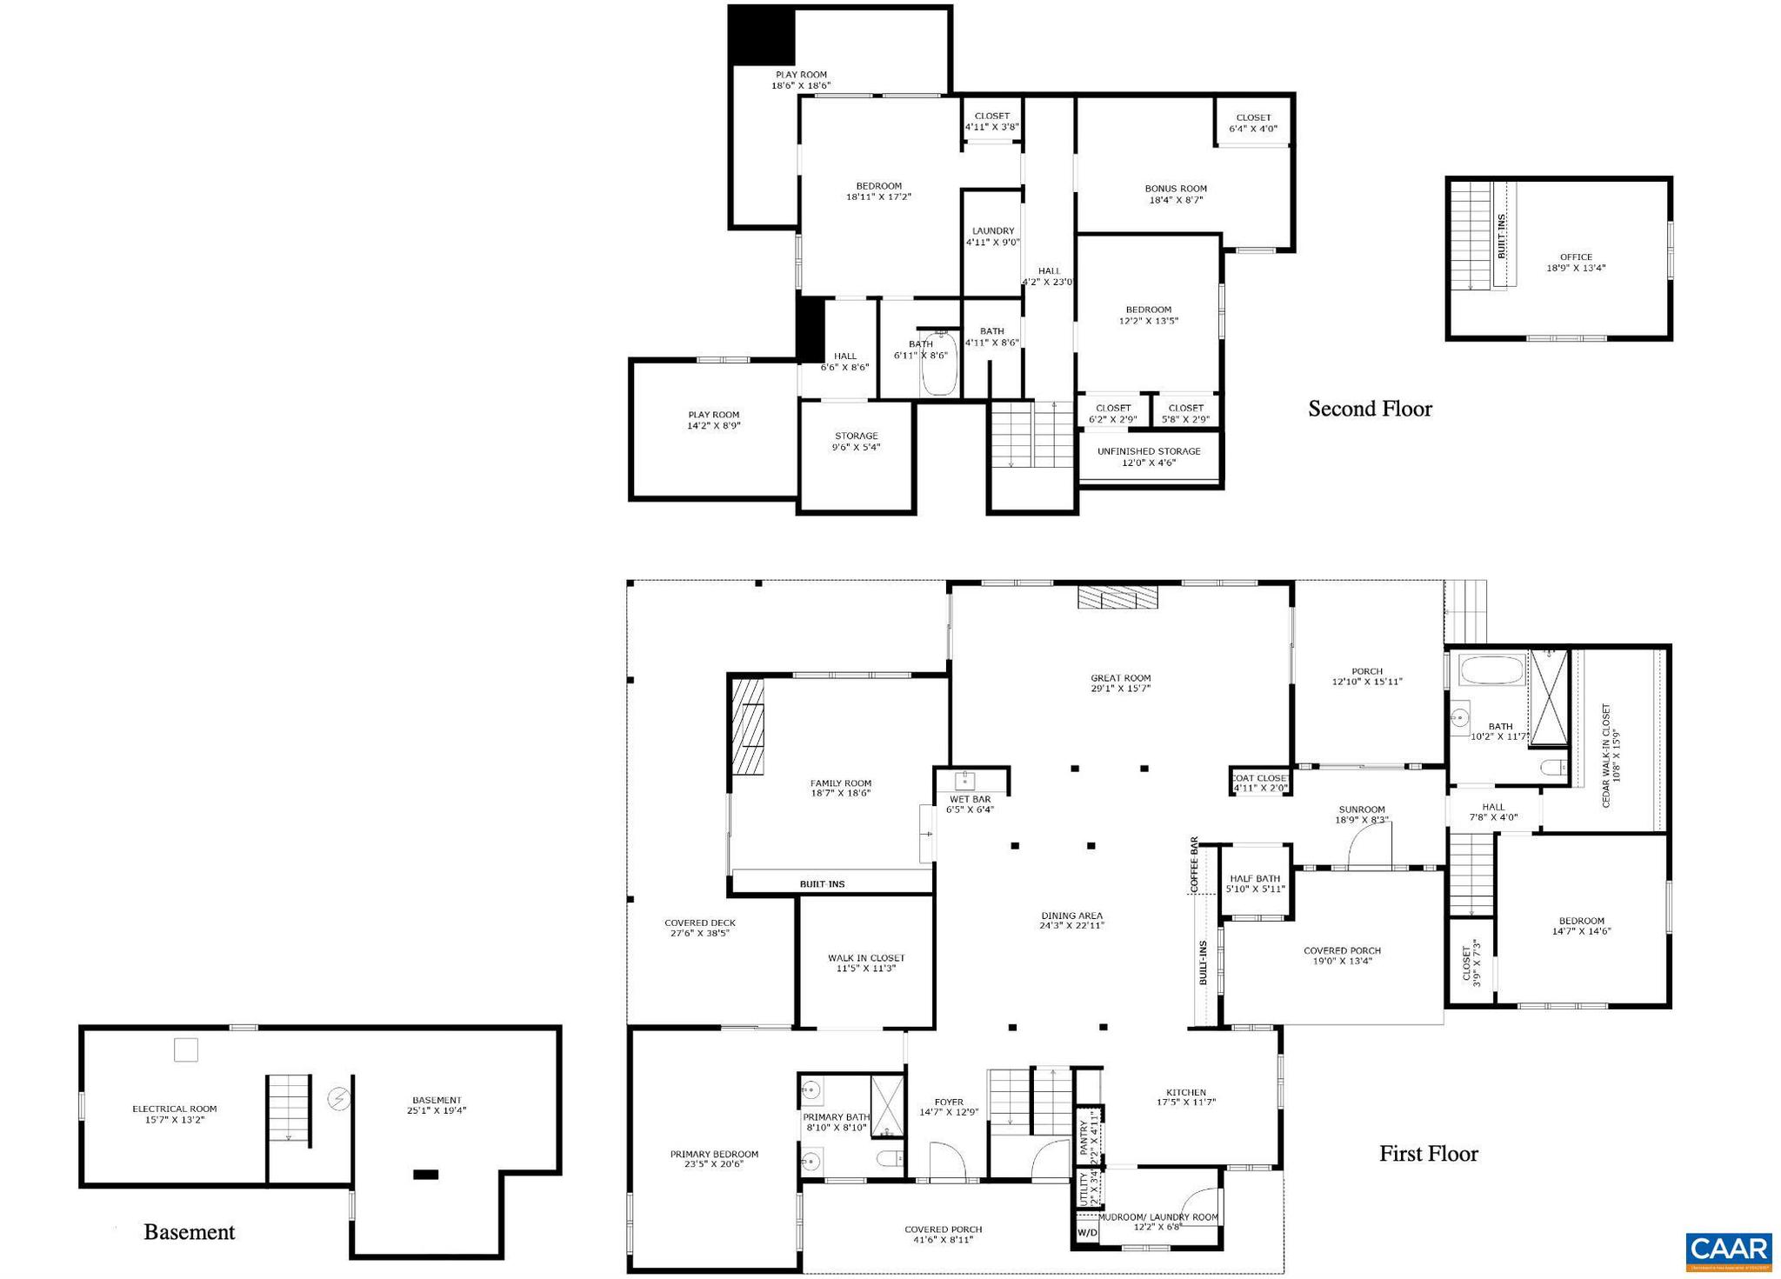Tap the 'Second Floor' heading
click(x=1370, y=409)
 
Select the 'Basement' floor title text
click(x=189, y=1232)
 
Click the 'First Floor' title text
click(x=1428, y=1154)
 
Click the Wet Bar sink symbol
click(x=966, y=779)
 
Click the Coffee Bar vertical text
click(x=1195, y=865)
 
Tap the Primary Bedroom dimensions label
click(x=713, y=1164)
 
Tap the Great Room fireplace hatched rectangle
click(x=1117, y=596)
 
